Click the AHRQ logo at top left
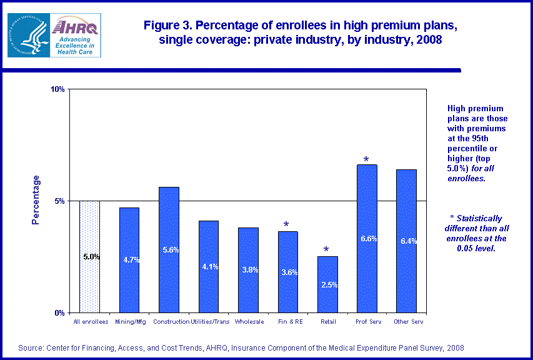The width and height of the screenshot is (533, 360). [54, 35]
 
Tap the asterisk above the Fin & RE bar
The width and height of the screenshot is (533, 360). [286, 225]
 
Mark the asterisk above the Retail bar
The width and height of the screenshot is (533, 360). [326, 250]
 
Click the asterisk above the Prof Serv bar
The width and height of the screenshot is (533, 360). [366, 159]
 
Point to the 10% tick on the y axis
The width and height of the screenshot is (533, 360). [58, 89]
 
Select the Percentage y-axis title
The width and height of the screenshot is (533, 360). [36, 200]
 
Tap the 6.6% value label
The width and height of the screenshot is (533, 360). [369, 239]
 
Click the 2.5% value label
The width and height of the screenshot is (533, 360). [329, 285]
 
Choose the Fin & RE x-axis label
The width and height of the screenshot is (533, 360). [288, 322]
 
